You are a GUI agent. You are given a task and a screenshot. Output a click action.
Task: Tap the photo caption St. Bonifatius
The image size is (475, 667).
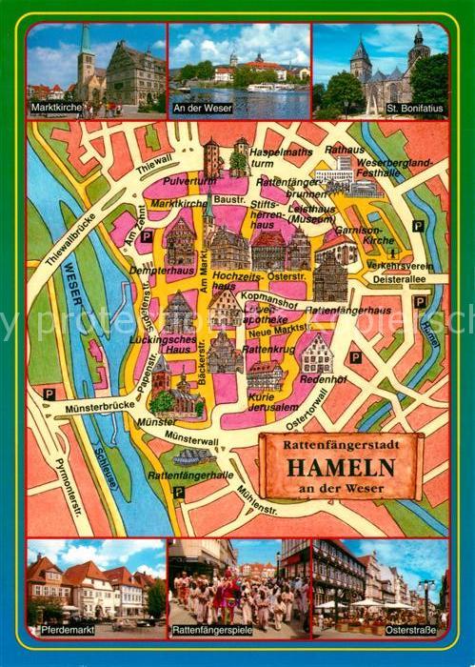pos(415,111)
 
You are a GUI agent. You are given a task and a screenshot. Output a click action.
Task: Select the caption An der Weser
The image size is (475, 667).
pos(202,111)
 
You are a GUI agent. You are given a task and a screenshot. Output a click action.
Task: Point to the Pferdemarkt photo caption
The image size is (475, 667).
pos(59,630)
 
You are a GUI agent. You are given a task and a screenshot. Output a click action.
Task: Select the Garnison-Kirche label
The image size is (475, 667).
pos(384,235)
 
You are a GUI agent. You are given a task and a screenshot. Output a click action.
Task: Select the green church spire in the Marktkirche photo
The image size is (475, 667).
pos(85,43)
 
